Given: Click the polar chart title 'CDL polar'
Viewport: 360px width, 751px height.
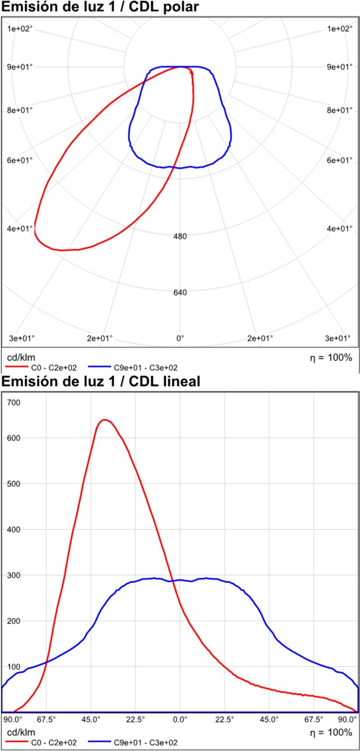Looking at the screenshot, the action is [164, 7].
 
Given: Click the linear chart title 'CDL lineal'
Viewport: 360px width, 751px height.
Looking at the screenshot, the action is [165, 381].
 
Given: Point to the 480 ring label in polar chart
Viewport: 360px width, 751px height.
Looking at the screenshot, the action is [180, 237].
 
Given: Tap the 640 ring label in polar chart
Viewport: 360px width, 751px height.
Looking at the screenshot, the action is [180, 293].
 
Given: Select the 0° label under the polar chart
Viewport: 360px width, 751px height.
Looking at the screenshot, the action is [180, 339].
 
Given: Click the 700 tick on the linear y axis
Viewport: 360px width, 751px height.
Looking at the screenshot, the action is [14, 402].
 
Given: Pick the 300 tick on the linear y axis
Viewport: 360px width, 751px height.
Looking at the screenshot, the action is [14, 575].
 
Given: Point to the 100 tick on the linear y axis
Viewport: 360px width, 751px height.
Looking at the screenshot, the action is [14, 666].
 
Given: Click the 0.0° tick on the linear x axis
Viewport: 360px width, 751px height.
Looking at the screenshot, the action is [180, 719].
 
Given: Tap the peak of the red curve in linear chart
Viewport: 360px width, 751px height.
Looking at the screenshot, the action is [105, 420].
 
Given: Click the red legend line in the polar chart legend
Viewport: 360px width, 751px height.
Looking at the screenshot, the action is [17, 367].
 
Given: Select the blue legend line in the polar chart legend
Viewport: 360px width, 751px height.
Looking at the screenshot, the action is [99, 367].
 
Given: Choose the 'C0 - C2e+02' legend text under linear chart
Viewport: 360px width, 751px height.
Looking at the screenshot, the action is [54, 742].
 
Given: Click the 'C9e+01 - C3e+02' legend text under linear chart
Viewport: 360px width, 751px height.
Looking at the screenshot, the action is [146, 742].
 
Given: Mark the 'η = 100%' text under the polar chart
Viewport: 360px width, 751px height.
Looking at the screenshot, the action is [331, 358].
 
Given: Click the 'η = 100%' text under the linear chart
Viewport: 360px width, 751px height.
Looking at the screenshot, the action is [331, 732].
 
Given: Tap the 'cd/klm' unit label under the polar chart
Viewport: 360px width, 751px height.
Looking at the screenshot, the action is [21, 358].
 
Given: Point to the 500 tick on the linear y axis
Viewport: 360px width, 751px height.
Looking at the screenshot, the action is [14, 483].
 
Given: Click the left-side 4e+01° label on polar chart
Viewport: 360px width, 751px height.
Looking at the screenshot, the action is [20, 229].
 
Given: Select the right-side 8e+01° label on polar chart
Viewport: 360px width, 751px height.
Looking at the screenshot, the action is [340, 110].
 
